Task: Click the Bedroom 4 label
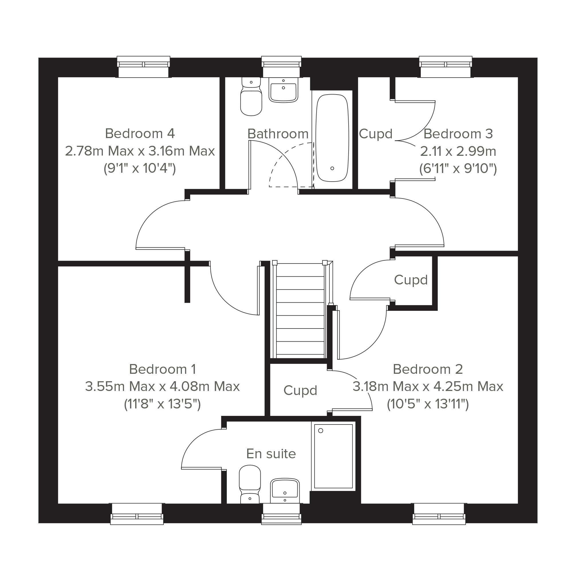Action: [140, 133]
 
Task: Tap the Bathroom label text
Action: [278, 134]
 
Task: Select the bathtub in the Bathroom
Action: [332, 138]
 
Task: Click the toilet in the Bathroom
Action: [251, 97]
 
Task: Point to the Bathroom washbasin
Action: [283, 90]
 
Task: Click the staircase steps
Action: [300, 310]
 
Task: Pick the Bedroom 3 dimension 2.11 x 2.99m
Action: [458, 151]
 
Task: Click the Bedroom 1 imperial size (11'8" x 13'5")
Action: [162, 404]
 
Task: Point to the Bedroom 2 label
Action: [428, 369]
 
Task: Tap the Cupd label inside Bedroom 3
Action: [376, 134]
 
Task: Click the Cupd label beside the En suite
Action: [300, 391]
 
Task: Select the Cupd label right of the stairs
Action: [411, 280]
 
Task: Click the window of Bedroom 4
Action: [143, 67]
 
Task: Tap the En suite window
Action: [281, 514]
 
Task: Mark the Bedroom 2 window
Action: [439, 514]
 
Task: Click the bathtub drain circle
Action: [332, 168]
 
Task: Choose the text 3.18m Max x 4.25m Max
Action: [428, 387]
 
